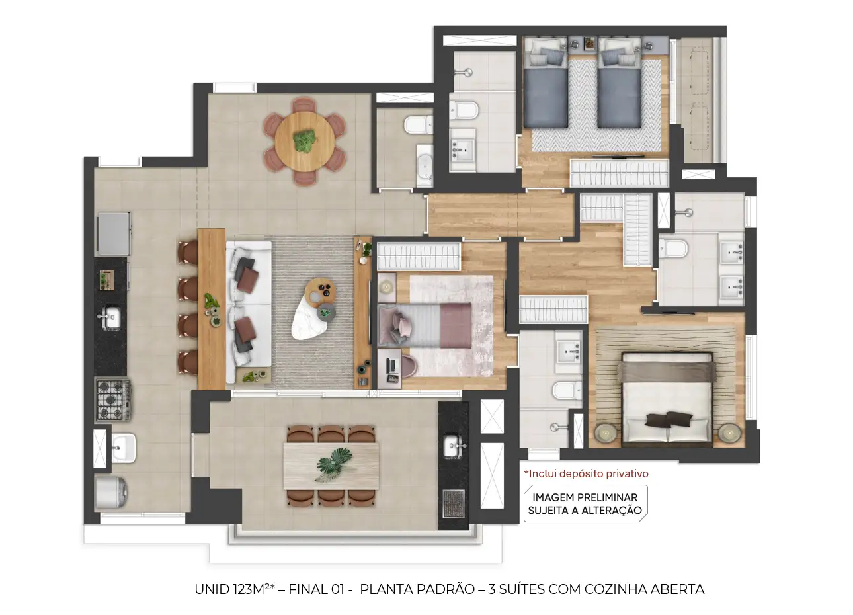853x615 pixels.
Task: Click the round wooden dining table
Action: click(305, 142)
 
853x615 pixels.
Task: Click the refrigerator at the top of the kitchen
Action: click(114, 233)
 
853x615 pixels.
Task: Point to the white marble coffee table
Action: click(310, 318)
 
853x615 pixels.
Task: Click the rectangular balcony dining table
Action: click(331, 466)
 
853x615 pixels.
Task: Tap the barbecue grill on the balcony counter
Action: click(454, 504)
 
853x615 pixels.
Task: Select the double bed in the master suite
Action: click(667, 399)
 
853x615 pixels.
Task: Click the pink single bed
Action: click(425, 325)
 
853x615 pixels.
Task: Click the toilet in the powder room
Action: click(418, 124)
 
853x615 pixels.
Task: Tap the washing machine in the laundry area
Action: click(111, 493)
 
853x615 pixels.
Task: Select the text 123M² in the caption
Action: click(251, 589)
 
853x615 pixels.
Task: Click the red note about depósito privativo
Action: click(586, 473)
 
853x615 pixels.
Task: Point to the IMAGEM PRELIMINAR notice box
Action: click(585, 503)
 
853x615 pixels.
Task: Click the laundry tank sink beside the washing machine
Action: click(124, 448)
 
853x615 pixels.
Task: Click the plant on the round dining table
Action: click(305, 141)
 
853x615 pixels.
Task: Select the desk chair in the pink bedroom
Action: click(407, 366)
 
